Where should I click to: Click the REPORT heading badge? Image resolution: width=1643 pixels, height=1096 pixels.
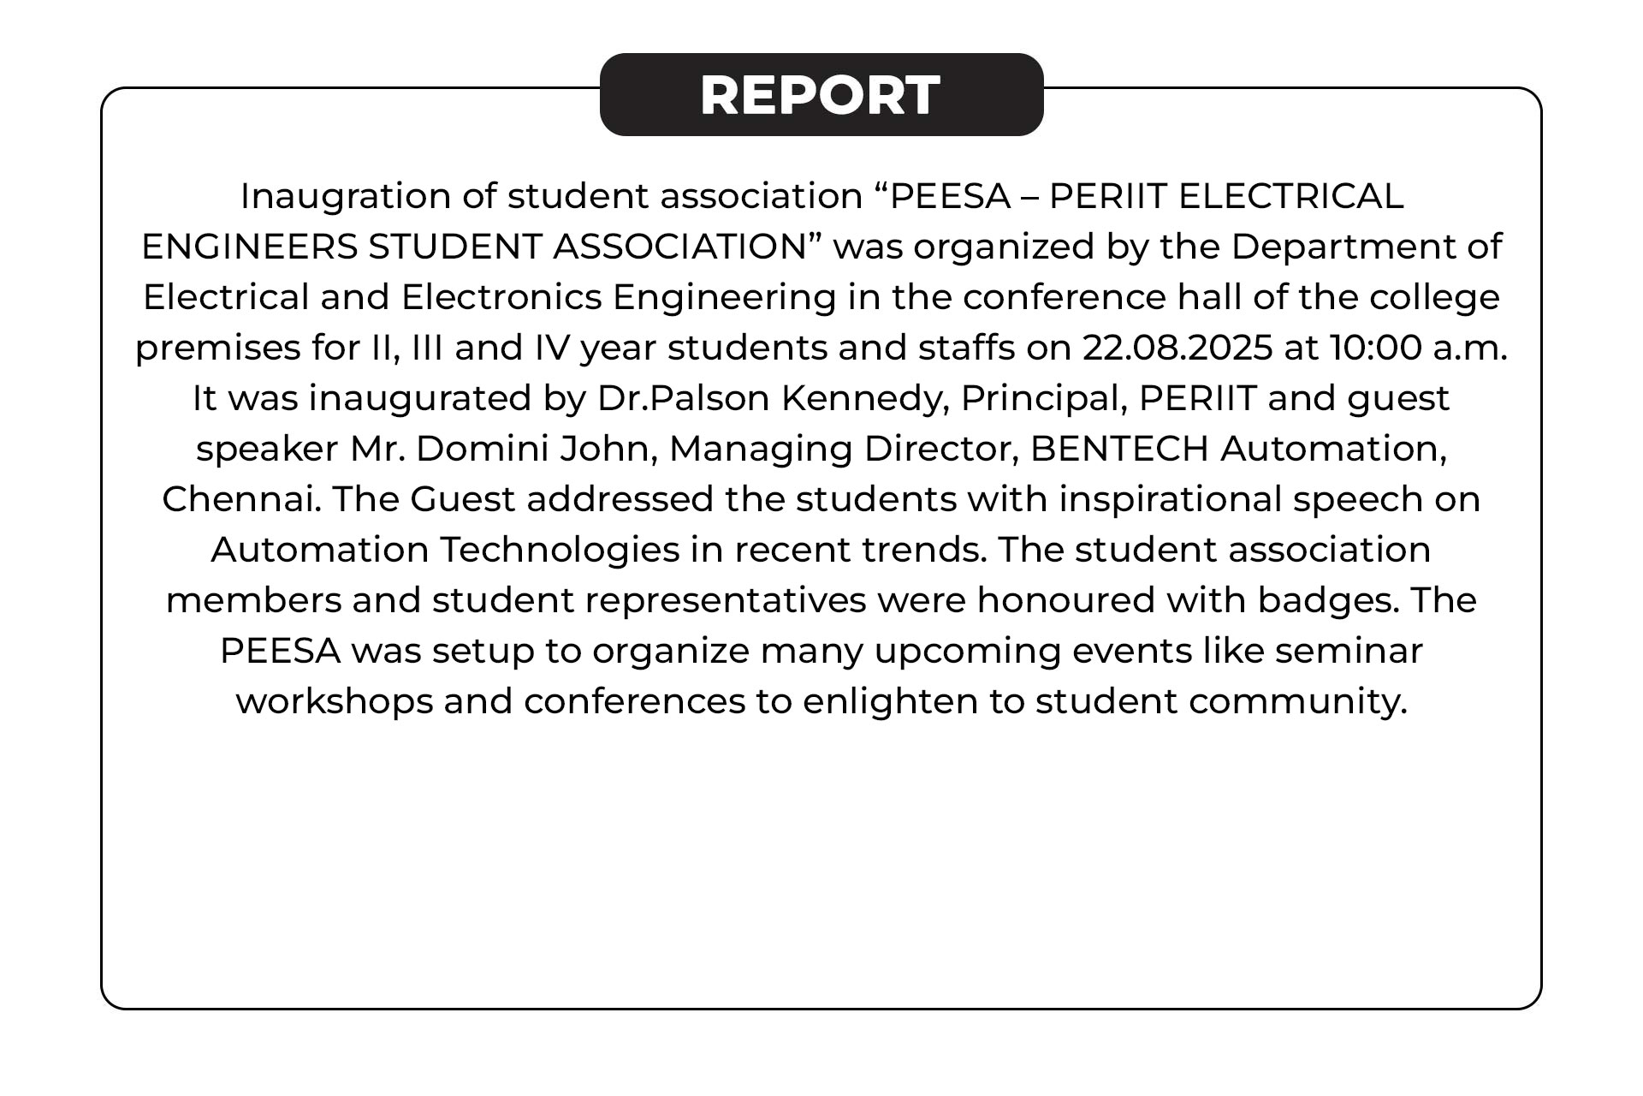click(x=821, y=94)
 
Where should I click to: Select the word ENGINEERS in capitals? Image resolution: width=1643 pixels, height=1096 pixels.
click(x=249, y=247)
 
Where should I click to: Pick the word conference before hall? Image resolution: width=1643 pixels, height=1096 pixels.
click(x=1065, y=298)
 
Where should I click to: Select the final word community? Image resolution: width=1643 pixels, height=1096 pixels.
click(x=1297, y=702)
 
